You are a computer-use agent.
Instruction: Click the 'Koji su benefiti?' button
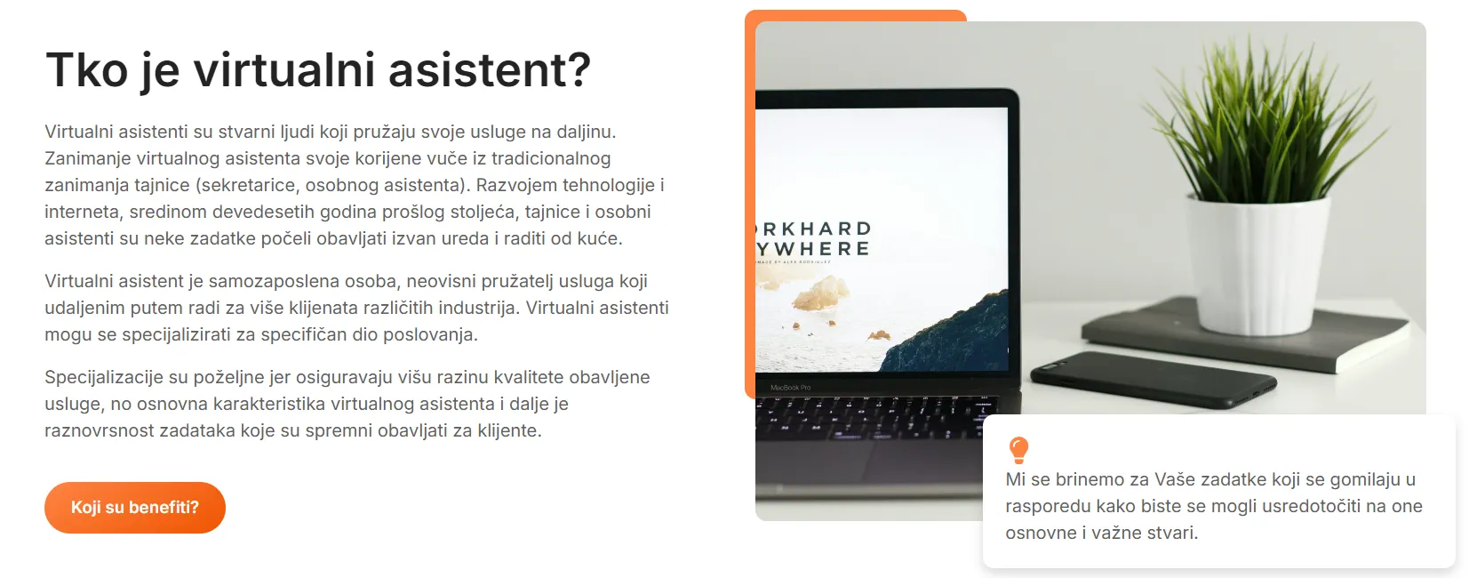(x=135, y=507)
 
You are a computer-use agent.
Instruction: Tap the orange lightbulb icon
(x=1018, y=451)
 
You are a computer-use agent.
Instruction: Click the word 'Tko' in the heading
(x=86, y=69)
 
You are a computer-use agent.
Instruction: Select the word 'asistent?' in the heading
(x=490, y=69)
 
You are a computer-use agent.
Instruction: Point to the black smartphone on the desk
(x=1153, y=379)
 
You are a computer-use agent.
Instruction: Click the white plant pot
(x=1257, y=262)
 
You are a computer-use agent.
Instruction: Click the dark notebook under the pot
(x=1246, y=333)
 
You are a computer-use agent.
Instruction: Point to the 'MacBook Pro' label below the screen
(x=790, y=388)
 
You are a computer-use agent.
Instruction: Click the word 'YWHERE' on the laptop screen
(x=813, y=249)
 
